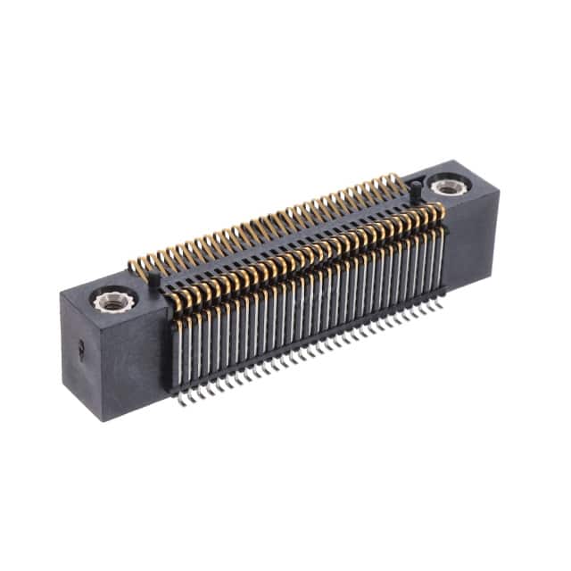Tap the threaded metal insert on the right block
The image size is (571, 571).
click(x=445, y=186)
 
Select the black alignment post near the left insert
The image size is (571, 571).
click(x=153, y=280)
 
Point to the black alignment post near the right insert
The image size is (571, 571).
click(x=415, y=188)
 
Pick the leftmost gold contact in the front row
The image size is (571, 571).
click(x=177, y=308)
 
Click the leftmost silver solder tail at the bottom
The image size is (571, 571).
click(x=181, y=400)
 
